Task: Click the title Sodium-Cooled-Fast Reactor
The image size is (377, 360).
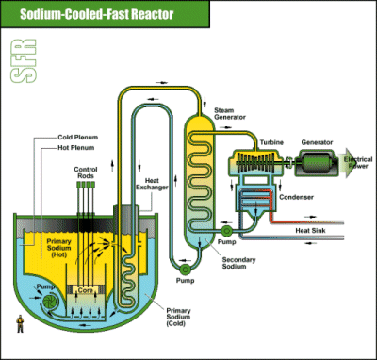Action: (97, 14)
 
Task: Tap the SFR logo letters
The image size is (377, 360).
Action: (24, 61)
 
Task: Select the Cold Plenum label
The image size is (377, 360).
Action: (77, 138)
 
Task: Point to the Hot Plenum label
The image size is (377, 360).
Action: (75, 147)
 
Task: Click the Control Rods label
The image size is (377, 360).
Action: (86, 172)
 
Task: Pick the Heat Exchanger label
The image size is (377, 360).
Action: (152, 184)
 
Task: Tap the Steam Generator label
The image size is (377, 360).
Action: (230, 113)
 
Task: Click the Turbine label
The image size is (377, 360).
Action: (271, 142)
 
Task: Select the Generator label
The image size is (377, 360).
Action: (317, 142)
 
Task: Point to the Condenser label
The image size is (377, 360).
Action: (296, 197)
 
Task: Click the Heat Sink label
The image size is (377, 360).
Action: (310, 231)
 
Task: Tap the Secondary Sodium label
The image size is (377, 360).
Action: (238, 263)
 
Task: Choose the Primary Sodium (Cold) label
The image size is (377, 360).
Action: (178, 317)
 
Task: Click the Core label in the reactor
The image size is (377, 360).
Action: (86, 290)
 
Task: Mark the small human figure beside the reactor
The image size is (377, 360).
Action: (20, 323)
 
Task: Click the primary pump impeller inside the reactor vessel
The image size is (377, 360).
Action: (51, 301)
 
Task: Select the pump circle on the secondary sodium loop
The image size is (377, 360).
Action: (185, 269)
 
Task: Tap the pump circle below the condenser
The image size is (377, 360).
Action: (226, 231)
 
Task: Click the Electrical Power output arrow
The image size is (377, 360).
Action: (355, 163)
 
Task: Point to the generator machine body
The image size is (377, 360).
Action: (317, 163)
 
